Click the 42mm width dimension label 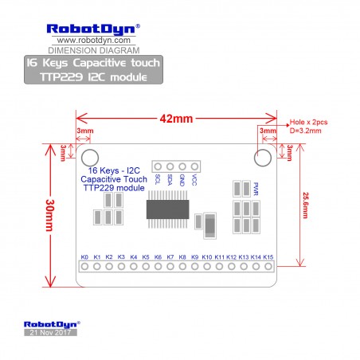tap(176, 119)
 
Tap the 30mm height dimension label tap(50, 215)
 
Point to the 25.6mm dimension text tap(306, 205)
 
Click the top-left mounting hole tap(90, 158)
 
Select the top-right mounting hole tap(263, 158)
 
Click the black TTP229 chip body tap(168, 209)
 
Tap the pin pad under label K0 tap(84, 266)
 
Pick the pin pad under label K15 tap(268, 266)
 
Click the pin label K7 tap(170, 257)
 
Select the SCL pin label tap(158, 179)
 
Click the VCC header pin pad tap(194, 166)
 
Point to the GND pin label tap(182, 180)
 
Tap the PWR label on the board tap(256, 189)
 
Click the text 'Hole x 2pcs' tap(308, 122)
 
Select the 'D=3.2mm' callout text tap(306, 131)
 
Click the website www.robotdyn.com tap(94, 41)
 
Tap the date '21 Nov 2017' tap(50, 332)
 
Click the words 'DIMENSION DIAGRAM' tap(94, 50)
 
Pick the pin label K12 tap(231, 257)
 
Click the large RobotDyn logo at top tap(93, 29)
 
